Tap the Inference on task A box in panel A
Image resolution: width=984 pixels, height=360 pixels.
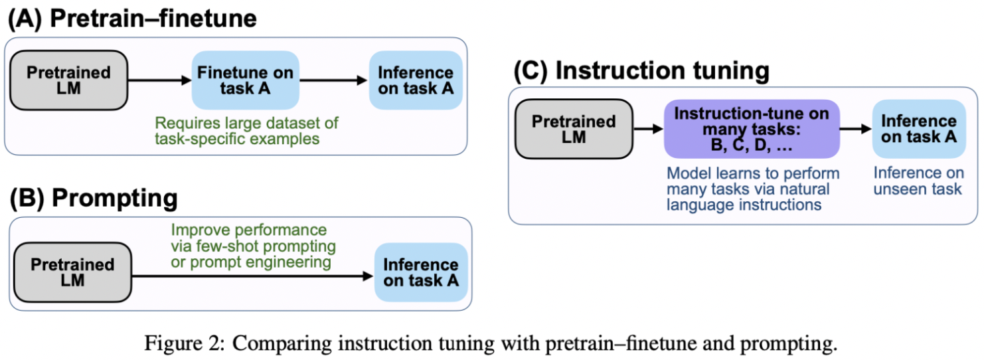coord(416,80)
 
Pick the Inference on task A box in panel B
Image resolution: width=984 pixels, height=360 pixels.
coord(421,272)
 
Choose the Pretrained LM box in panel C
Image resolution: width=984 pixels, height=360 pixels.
coord(574,130)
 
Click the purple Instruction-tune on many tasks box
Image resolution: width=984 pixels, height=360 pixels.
coord(752,130)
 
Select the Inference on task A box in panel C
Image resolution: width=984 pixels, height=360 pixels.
coord(919,130)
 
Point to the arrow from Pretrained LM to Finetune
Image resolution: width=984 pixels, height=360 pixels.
coord(159,80)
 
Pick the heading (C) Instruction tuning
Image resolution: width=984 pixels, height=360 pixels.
coord(641,71)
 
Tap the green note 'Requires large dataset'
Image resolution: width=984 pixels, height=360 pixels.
coord(246,131)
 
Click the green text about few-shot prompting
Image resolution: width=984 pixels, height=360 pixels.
coord(252,246)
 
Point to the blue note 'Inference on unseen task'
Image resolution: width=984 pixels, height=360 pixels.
coord(918,181)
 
